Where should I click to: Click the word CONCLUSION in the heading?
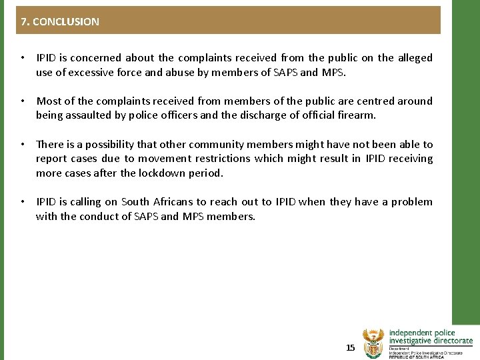pos(65,21)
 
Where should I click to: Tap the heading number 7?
pos(24,21)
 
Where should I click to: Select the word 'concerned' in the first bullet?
pos(98,58)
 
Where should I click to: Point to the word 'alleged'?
pos(415,58)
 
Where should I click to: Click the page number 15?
pos(351,347)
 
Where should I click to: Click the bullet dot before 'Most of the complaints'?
pos(23,101)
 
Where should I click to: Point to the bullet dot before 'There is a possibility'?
pos(23,144)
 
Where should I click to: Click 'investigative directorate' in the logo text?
pos(431,341)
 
